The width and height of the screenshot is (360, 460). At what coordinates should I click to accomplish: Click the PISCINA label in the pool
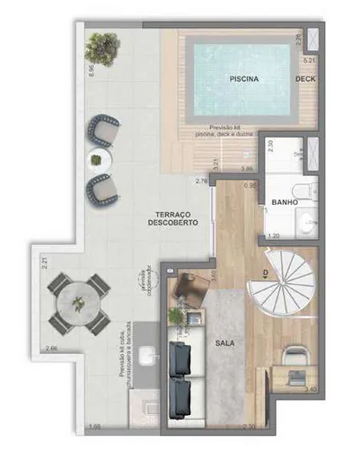pyautogui.click(x=244, y=79)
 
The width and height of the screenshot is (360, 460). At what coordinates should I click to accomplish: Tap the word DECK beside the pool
pyautogui.click(x=305, y=79)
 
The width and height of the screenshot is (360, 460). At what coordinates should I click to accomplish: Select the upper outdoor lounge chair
pyautogui.click(x=103, y=132)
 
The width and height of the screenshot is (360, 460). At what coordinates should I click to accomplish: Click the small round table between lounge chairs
pyautogui.click(x=95, y=160)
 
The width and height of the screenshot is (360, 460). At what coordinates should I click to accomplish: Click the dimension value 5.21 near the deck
pyautogui.click(x=309, y=60)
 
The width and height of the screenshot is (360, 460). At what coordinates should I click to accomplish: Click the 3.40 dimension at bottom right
pyautogui.click(x=310, y=389)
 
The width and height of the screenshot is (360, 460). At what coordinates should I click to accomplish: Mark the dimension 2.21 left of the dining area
pyautogui.click(x=43, y=264)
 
